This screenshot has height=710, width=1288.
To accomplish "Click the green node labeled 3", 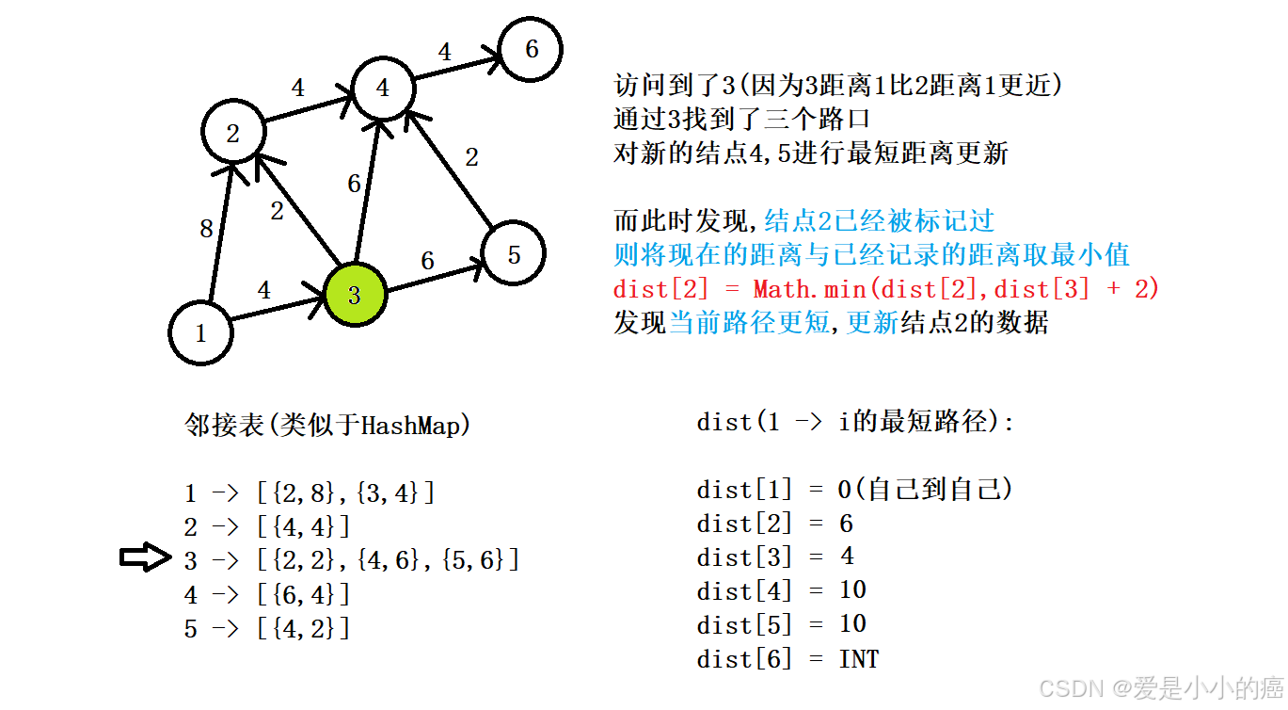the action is coord(355,295).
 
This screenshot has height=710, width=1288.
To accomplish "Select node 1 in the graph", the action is coord(200,331).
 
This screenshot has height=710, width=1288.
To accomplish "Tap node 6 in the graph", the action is coord(531,49).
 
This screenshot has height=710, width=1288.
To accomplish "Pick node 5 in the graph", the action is coord(513,253).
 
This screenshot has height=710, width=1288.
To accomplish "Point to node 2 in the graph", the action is coord(233,133).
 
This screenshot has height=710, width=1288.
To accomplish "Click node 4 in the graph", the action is coord(382,88).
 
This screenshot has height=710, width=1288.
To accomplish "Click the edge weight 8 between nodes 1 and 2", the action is coord(206,229).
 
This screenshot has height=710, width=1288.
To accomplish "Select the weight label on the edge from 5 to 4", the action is coord(471,157).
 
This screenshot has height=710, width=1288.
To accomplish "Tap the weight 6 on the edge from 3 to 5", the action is coord(427,261).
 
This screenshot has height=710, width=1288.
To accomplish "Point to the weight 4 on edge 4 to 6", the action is coord(445,52).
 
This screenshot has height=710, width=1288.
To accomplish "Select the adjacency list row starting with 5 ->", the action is coord(267,628).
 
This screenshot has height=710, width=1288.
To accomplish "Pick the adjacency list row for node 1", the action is coord(310,492).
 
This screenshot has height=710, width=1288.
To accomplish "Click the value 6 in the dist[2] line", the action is coord(846,524).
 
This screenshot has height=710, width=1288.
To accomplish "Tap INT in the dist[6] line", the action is coord(858,659).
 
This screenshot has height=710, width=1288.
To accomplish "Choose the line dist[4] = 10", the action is coord(781,591).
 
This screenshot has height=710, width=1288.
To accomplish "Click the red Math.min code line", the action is coord(885,289).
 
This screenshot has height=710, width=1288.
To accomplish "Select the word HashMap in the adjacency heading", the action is coord(409,426).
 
